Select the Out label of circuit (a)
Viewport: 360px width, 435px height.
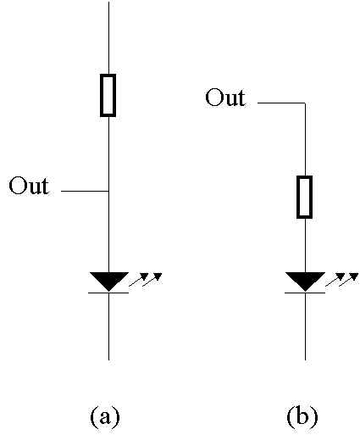click(29, 186)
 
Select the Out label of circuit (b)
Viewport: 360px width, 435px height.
click(225, 98)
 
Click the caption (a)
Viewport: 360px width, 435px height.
click(105, 416)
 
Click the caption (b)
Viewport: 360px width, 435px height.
click(302, 416)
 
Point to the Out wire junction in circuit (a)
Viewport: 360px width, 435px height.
click(109, 191)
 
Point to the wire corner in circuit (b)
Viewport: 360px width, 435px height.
click(305, 103)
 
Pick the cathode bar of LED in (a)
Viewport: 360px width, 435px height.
click(108, 293)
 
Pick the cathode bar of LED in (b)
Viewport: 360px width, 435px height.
click(305, 293)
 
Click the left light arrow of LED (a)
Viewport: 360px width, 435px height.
click(139, 280)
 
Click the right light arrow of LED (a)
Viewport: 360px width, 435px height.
click(152, 280)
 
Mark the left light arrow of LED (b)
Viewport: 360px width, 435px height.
click(335, 280)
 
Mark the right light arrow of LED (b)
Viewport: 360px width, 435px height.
click(349, 280)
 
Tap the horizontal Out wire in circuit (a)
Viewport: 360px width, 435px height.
click(85, 191)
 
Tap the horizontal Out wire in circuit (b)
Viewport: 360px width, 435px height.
click(281, 103)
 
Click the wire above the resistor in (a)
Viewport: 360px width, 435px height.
click(108, 37)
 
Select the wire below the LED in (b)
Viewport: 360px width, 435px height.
click(305, 326)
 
